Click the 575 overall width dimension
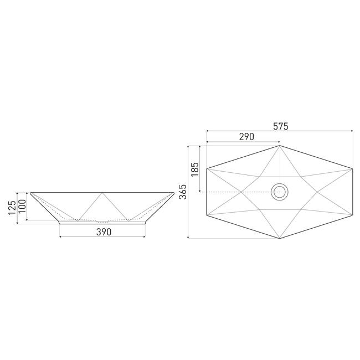[281, 126]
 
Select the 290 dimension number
[246, 137]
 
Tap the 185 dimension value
[195, 169]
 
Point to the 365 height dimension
[183, 192]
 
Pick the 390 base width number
[104, 232]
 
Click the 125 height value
[12, 208]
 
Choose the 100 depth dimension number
[22, 206]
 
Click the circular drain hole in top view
[280, 192]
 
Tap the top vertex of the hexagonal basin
[280, 146]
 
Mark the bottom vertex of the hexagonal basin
[280, 238]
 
